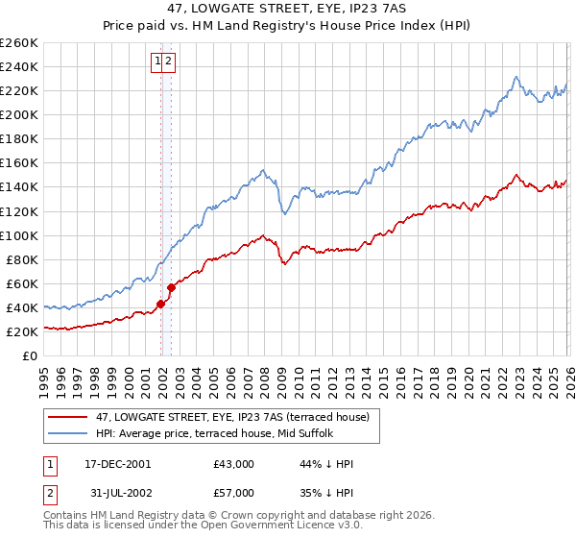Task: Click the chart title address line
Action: click(x=288, y=9)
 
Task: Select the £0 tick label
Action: click(x=30, y=355)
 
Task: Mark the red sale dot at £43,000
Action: click(x=161, y=304)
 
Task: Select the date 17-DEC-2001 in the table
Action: click(x=118, y=464)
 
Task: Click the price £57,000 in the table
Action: click(x=233, y=492)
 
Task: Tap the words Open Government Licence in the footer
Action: click(x=282, y=526)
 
